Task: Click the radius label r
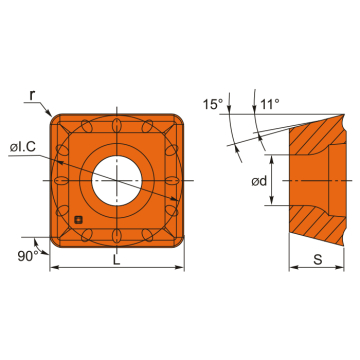point(33,97)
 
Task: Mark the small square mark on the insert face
point(77,217)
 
